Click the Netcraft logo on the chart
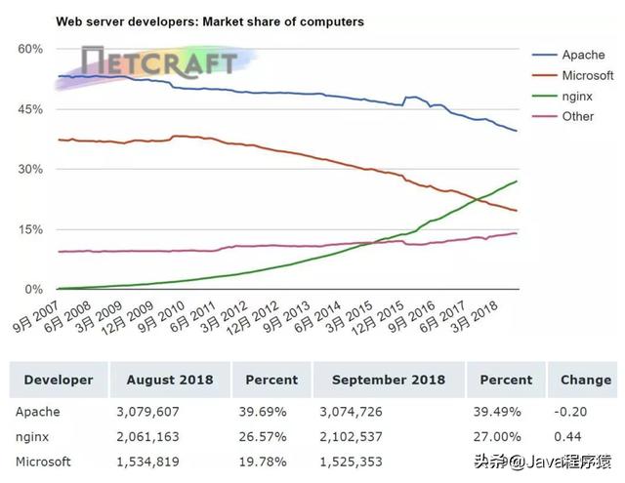[x=158, y=65]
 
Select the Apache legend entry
[x=583, y=55]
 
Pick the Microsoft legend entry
[x=588, y=75]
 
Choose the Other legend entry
[x=578, y=116]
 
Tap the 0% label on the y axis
[x=33, y=290]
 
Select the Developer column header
[x=59, y=380]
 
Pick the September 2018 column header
[x=389, y=380]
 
